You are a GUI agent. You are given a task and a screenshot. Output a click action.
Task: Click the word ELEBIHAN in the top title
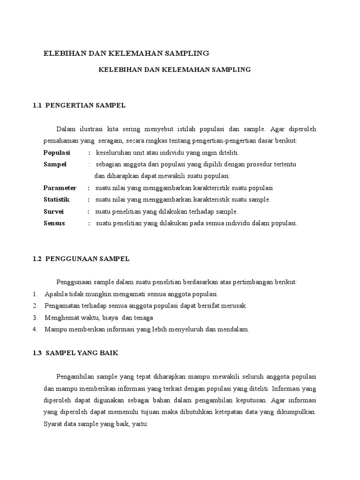pos(63,53)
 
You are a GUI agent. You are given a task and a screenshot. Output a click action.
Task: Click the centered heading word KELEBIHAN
pos(118,69)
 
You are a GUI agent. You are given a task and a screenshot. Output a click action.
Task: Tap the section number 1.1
pos(38,105)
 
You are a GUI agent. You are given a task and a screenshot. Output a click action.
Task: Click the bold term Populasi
pos(56,152)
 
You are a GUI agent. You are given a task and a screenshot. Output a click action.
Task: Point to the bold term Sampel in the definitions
pos(55,164)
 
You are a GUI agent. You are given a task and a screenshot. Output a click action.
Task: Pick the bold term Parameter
pos(60,188)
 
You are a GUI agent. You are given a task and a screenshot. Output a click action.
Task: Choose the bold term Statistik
pos(56,200)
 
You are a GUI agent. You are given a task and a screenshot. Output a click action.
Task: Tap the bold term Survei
pos(53,211)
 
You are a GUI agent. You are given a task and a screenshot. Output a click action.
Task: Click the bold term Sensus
pos(54,223)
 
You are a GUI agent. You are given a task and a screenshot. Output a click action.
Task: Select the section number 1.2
pos(38,258)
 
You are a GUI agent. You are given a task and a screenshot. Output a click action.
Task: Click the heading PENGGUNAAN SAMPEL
pos(87,258)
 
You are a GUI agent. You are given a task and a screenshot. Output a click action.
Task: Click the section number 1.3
pos(38,353)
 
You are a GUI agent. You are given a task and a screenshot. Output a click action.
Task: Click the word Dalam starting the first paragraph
pos(65,129)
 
